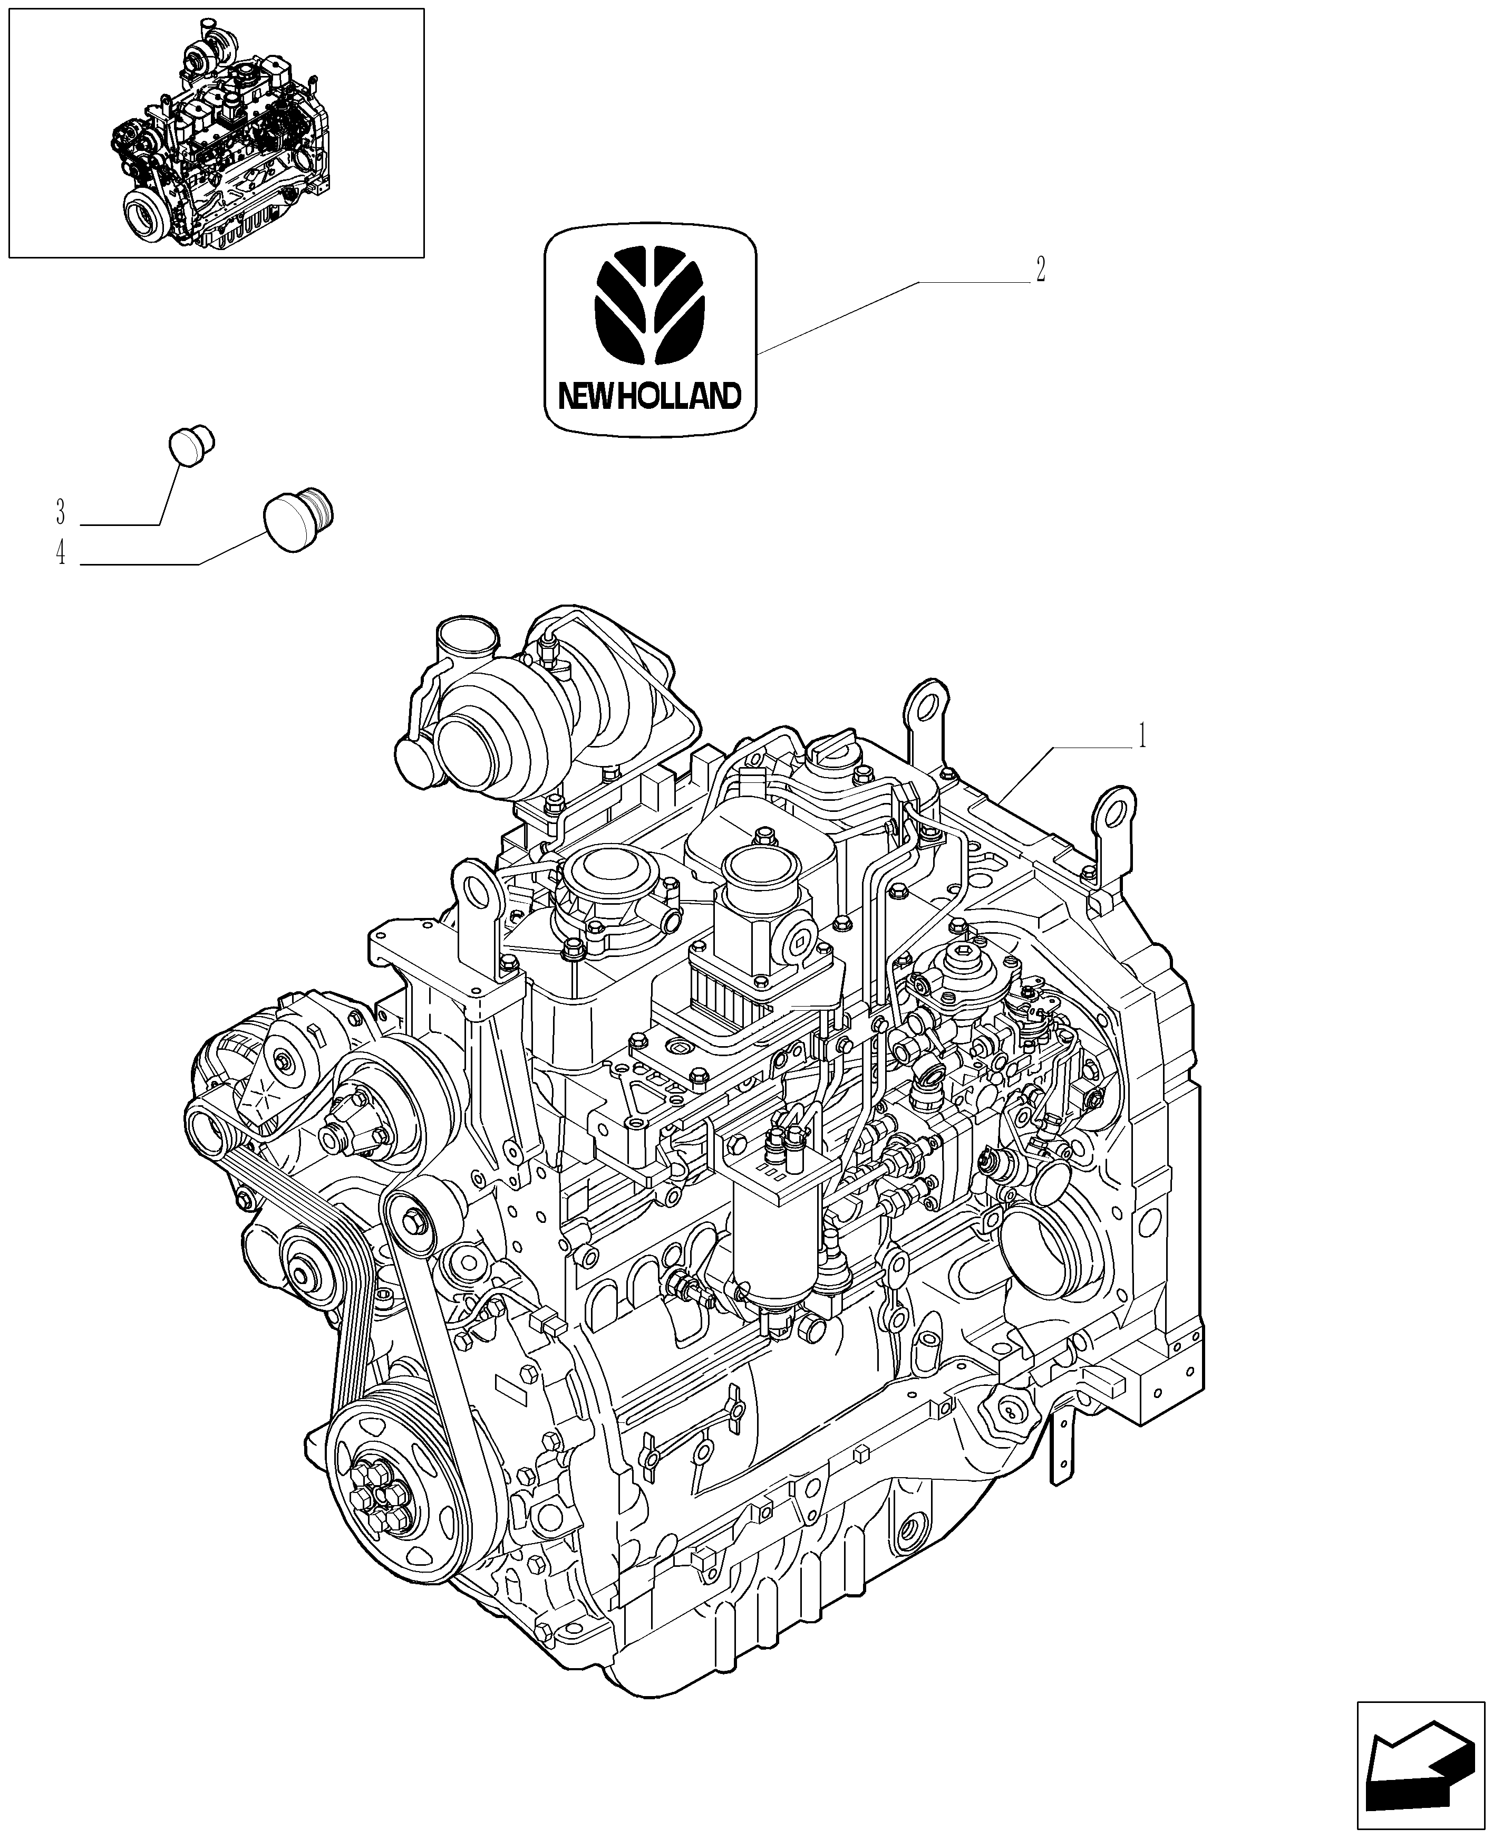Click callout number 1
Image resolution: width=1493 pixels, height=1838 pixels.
[1141, 736]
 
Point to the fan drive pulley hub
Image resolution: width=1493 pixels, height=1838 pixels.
[357, 1127]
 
